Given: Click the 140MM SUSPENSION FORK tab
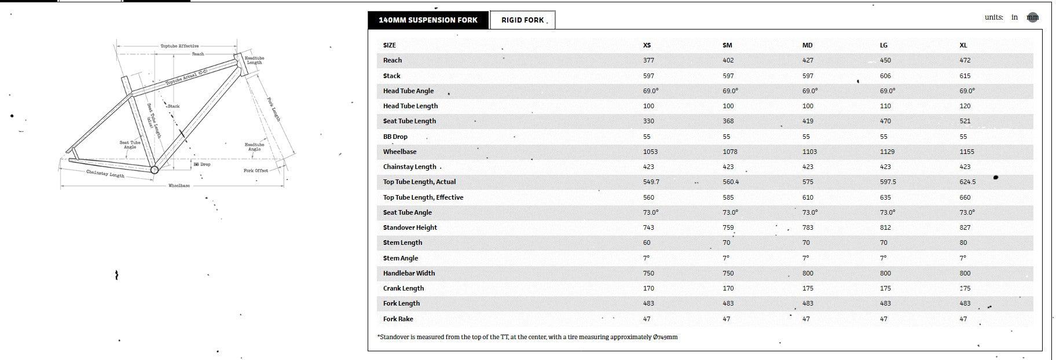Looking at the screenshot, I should [x=428, y=20].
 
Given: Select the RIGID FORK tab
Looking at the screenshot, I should [x=522, y=20].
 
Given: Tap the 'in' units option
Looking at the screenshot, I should [x=1014, y=17].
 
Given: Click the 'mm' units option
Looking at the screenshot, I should [x=1032, y=17].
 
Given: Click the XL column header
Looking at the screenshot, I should [x=963, y=45].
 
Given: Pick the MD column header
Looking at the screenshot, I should [x=807, y=45].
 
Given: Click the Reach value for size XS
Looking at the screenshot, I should [x=648, y=60].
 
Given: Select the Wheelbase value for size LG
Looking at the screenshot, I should [x=887, y=152].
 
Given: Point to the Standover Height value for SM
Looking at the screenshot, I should [x=728, y=227].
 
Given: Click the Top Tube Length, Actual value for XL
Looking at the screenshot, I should [x=967, y=182].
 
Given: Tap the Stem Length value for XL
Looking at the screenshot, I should [x=963, y=243].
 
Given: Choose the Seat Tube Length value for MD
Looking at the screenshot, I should [x=808, y=121].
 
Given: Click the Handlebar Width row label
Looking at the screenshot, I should [x=409, y=273].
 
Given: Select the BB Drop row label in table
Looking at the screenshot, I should [x=395, y=137].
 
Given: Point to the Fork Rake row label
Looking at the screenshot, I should [x=398, y=319].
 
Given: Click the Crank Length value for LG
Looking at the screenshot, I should [x=885, y=288].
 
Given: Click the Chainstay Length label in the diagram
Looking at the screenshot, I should [x=105, y=174].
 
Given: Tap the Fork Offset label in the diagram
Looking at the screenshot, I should [x=255, y=171].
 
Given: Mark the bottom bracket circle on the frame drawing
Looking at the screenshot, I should [x=155, y=170].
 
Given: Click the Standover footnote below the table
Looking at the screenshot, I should [x=527, y=337].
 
